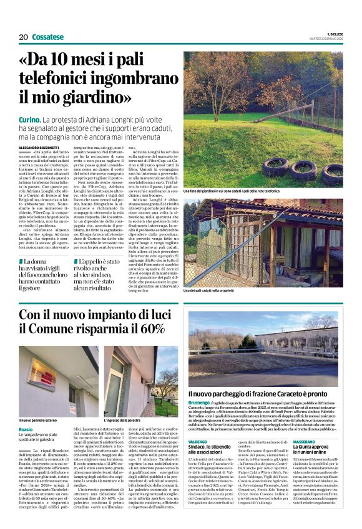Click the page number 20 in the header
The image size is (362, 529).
point(22,37)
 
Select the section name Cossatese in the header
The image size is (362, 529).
point(48,37)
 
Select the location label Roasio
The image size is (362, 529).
point(26,430)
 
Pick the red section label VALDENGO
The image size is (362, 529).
point(198,441)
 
